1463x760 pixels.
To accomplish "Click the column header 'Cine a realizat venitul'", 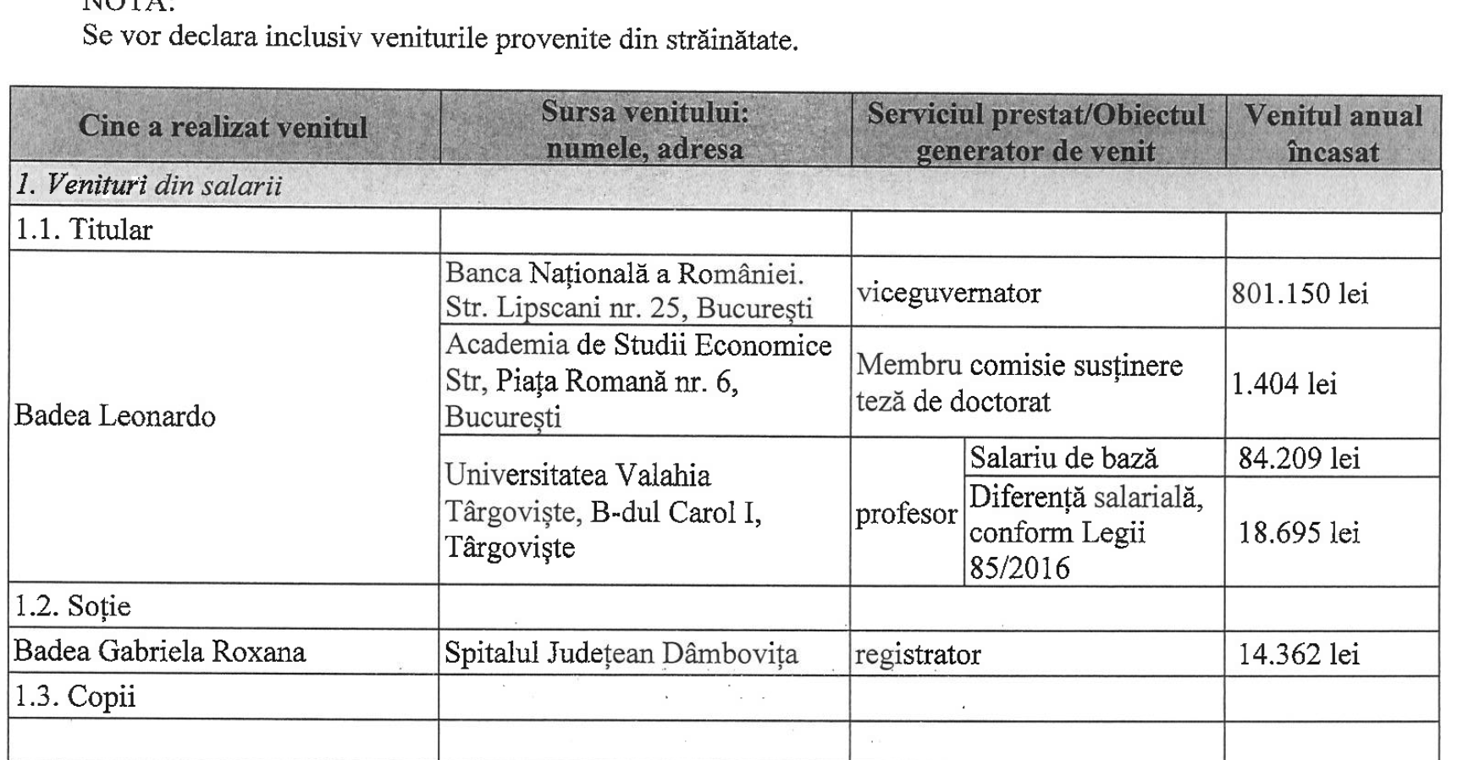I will (223, 128).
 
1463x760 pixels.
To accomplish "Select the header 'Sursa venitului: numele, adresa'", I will (645, 131).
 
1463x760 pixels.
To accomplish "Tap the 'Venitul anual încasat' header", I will (1333, 133).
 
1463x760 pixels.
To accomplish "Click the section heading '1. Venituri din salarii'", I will (149, 186).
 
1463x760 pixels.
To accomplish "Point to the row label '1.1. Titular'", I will (84, 230).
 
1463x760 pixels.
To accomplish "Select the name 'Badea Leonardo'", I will (115, 416).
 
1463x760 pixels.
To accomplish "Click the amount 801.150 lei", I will (1300, 294).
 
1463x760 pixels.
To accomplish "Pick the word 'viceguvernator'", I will (948, 294).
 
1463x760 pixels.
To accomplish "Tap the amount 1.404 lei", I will (1284, 384).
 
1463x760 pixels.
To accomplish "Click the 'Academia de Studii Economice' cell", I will (638, 381).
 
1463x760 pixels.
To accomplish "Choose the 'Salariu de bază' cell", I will (1063, 459).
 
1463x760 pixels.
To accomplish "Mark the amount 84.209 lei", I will (1299, 459).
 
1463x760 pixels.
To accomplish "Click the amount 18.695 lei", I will (1299, 532).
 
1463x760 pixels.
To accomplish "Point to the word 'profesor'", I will (906, 514).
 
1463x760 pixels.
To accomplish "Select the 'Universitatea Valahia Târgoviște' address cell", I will (603, 511).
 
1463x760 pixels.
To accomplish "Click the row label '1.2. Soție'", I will (75, 607).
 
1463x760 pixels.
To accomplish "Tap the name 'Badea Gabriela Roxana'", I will (160, 652).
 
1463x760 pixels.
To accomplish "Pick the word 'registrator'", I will (918, 654).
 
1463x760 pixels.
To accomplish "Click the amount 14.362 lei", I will (1299, 654).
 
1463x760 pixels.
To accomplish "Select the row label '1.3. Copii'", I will (75, 697).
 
